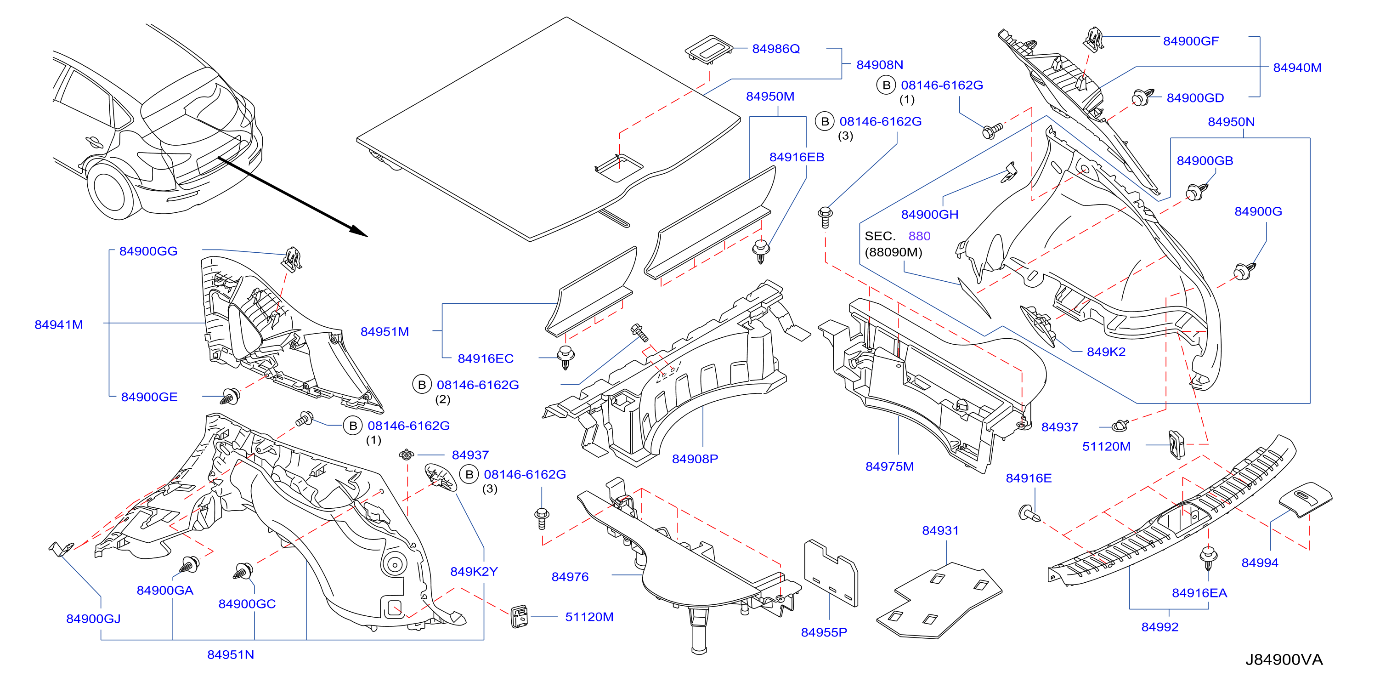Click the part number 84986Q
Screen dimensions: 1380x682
point(776,49)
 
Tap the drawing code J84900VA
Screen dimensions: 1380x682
point(1284,659)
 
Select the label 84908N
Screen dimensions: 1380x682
point(880,65)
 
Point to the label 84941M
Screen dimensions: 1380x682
point(58,324)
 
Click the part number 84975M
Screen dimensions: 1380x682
point(889,466)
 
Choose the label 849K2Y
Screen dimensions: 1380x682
point(474,572)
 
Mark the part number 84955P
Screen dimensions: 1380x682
point(824,633)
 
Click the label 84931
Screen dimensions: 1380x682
point(940,531)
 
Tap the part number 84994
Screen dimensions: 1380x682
point(1260,563)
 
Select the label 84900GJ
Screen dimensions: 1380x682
point(93,619)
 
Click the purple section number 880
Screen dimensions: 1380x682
point(919,236)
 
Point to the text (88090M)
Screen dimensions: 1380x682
point(893,252)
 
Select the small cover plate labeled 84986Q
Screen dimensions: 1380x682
point(709,50)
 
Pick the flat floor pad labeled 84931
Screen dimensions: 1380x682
point(939,601)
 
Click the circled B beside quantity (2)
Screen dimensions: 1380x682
point(422,385)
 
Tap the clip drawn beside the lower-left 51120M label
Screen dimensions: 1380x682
point(519,617)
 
